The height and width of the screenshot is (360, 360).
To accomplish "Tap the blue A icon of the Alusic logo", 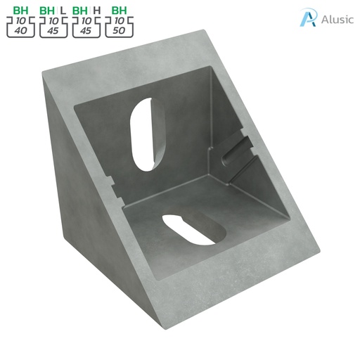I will tap(307, 18).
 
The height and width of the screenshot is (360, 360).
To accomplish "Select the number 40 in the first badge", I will tap(19, 32).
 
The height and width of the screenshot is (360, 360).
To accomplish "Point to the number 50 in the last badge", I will tap(118, 32).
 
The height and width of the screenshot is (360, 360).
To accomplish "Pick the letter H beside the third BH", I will tap(96, 11).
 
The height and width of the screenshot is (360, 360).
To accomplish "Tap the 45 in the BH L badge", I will tap(53, 32).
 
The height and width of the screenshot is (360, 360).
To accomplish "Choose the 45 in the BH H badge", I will tap(86, 32).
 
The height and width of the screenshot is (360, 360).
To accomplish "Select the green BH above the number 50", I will tap(118, 11).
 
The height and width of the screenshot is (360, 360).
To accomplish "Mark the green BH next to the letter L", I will tap(48, 11).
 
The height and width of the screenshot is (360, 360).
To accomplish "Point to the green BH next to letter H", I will tap(81, 11).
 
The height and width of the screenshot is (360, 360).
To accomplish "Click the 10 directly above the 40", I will tap(19, 22).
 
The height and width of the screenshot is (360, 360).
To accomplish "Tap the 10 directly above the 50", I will tap(118, 22).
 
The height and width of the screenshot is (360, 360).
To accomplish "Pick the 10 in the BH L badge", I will tap(53, 22).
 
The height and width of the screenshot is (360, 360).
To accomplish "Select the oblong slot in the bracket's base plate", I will tap(191, 229).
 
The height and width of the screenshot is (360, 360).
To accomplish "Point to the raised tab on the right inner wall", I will tap(234, 149).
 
